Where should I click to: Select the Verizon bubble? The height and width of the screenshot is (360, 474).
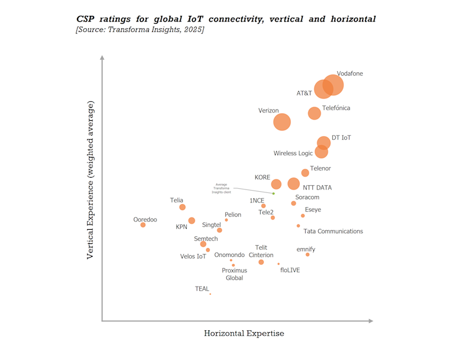pyautogui.click(x=282, y=121)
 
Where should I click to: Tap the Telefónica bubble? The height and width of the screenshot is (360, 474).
pyautogui.click(x=314, y=113)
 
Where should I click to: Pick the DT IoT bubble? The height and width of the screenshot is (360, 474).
pyautogui.click(x=324, y=143)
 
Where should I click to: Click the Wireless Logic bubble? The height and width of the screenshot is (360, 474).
pyautogui.click(x=321, y=152)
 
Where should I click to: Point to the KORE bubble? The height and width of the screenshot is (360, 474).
pyautogui.click(x=276, y=184)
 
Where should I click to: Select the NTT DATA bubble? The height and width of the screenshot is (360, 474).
pyautogui.click(x=293, y=184)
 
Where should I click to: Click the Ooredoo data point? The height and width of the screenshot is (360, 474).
pyautogui.click(x=143, y=225)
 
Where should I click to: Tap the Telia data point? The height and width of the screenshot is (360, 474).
pyautogui.click(x=182, y=207)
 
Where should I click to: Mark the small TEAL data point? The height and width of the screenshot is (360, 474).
pyautogui.click(x=210, y=294)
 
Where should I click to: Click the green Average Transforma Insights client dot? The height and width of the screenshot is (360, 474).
pyautogui.click(x=273, y=194)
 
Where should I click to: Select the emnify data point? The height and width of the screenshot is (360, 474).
pyautogui.click(x=308, y=255)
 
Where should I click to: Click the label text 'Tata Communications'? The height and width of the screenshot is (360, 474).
pyautogui.click(x=333, y=232)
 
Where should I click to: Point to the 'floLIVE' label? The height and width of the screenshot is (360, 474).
pyautogui.click(x=290, y=270)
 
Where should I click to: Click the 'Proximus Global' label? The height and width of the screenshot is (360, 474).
pyautogui.click(x=235, y=274)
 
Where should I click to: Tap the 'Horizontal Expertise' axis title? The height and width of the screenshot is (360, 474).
pyautogui.click(x=244, y=333)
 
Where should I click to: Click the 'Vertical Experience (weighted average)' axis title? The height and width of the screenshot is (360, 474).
pyautogui.click(x=91, y=180)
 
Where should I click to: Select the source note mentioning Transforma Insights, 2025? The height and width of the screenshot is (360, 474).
pyautogui.click(x=140, y=30)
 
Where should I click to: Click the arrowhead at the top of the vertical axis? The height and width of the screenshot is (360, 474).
pyautogui.click(x=103, y=58)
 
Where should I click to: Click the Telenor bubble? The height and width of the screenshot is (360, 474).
pyautogui.click(x=305, y=173)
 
